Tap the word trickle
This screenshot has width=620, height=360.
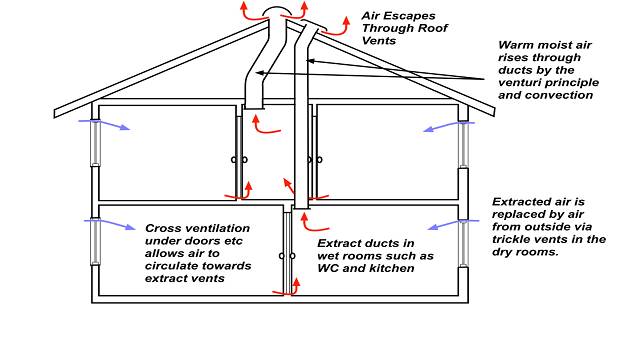(x=512, y=239)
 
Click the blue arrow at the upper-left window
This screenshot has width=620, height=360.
(x=117, y=127)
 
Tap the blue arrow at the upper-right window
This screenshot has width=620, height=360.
(x=438, y=127)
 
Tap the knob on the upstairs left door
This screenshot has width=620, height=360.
(x=238, y=159)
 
